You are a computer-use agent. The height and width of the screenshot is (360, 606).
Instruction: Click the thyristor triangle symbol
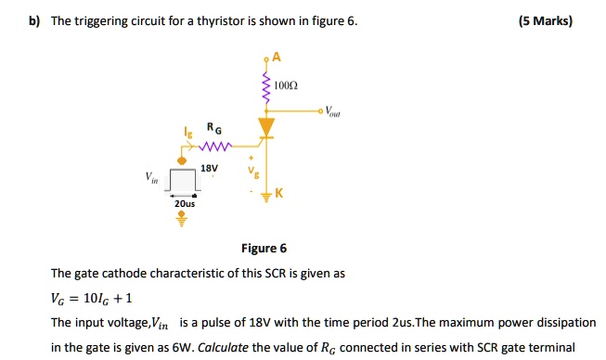[267, 124]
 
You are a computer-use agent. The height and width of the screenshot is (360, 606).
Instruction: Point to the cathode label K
[278, 193]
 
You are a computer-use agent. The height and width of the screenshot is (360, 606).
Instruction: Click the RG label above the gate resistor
[213, 129]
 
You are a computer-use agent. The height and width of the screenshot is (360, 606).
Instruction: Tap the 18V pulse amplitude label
[210, 169]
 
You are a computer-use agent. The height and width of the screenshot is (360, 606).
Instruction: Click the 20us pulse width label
[183, 203]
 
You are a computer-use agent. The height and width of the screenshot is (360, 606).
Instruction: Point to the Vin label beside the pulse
[149, 176]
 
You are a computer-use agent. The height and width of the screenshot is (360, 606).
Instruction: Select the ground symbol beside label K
[267, 195]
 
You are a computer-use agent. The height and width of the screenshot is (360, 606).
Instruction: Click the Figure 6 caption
[264, 248]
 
